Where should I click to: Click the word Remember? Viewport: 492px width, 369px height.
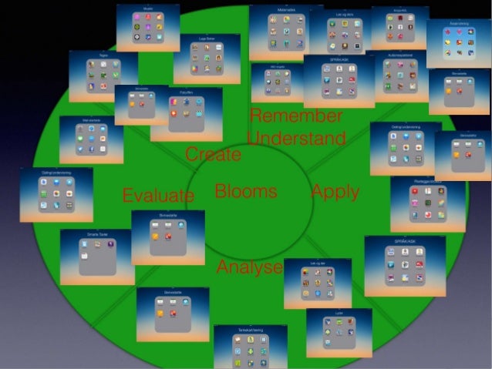click(x=296, y=116)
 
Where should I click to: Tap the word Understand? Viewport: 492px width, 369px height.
click(x=296, y=139)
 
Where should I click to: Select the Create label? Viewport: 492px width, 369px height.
click(x=213, y=154)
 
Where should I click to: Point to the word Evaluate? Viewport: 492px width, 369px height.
click(x=158, y=196)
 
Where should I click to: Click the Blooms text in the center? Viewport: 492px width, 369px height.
click(x=245, y=191)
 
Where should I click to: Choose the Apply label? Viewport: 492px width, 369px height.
click(x=335, y=191)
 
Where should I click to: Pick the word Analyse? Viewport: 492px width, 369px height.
click(x=249, y=267)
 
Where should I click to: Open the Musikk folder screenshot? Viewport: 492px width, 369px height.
click(x=148, y=28)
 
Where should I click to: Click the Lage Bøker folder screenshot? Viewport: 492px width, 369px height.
click(x=206, y=59)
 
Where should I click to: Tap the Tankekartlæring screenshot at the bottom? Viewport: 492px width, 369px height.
click(x=251, y=347)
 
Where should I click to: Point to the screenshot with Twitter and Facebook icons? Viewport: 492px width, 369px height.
click(x=91, y=139)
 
